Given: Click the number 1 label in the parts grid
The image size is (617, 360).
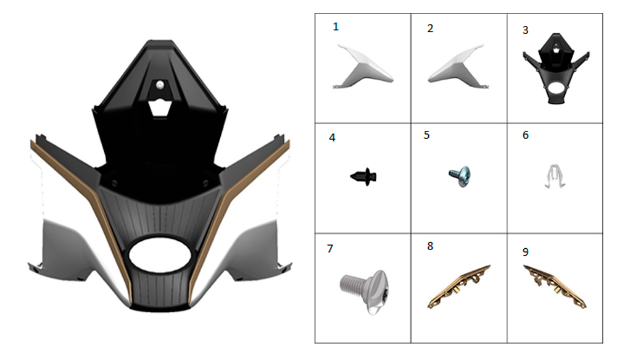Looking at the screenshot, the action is (x=336, y=27).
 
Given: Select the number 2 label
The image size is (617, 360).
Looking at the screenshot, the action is (x=431, y=28).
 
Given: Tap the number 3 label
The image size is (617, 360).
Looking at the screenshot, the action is (x=525, y=30).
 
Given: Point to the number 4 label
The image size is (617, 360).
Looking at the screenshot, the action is (x=332, y=138).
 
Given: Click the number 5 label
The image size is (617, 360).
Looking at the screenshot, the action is (x=426, y=135).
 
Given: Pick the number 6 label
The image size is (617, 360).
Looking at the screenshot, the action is (x=525, y=135).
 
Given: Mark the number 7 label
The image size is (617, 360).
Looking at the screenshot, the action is (x=330, y=248).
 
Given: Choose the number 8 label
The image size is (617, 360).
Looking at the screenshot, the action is (x=430, y=246).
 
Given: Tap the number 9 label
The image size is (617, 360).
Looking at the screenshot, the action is (x=525, y=252).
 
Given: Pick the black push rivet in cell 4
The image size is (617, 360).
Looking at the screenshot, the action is (x=363, y=177).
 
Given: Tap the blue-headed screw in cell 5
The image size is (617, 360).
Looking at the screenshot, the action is (x=460, y=176).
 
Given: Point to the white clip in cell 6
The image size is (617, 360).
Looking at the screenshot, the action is (x=555, y=175).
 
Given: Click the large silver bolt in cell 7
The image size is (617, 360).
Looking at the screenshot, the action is (x=364, y=290).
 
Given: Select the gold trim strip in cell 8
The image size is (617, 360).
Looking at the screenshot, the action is (x=459, y=287).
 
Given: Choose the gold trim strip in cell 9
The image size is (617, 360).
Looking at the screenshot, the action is (x=555, y=287).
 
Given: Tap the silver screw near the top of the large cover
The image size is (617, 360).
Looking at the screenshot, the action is (x=159, y=85).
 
